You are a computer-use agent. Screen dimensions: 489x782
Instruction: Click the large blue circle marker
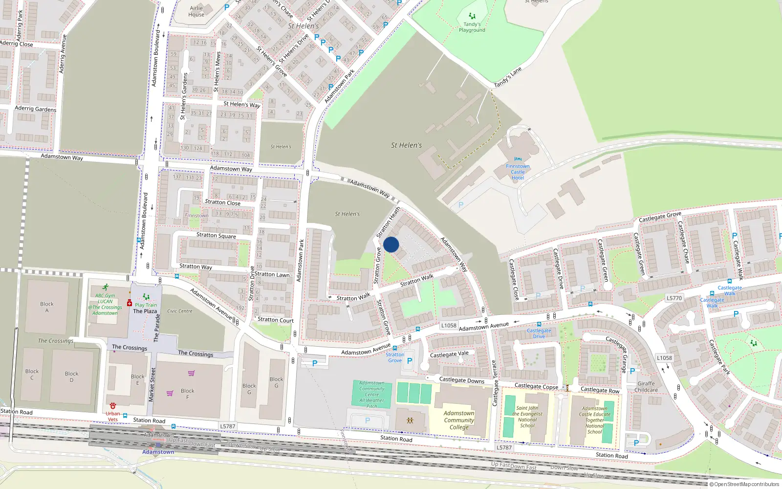(391, 244)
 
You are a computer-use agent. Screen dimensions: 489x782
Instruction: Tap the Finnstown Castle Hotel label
(518, 172)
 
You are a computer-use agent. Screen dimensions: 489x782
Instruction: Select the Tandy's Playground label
(472, 27)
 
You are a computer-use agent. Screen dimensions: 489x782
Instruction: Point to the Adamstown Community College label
(459, 420)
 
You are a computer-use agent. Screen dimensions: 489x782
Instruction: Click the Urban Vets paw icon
(113, 406)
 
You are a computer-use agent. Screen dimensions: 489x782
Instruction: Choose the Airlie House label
(196, 11)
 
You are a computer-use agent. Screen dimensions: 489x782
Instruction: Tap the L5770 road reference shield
(674, 298)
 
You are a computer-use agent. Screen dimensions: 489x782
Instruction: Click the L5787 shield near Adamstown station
(227, 426)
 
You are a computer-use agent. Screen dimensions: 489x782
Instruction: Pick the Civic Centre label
(180, 311)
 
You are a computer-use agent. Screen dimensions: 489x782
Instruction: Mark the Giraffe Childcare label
(646, 387)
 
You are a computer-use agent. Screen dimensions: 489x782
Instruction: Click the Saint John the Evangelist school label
(527, 417)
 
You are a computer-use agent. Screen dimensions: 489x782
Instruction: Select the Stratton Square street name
(216, 236)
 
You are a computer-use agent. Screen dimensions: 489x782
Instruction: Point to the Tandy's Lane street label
(508, 77)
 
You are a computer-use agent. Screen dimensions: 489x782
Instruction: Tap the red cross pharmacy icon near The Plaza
(130, 303)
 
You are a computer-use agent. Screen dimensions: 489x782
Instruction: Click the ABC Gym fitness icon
(105, 288)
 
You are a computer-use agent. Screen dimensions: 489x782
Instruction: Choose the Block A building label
(47, 307)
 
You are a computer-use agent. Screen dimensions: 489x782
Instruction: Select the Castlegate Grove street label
(660, 217)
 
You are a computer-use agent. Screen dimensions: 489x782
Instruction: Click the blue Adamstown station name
(158, 452)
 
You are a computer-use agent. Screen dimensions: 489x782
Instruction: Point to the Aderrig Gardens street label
(35, 109)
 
